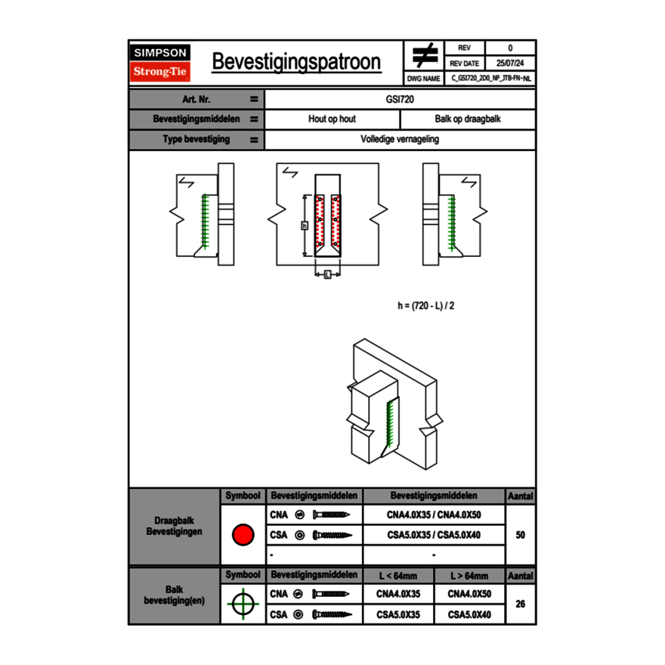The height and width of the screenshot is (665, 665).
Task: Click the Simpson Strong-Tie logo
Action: [x=160, y=63]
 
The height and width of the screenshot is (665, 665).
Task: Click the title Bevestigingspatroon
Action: [x=296, y=62]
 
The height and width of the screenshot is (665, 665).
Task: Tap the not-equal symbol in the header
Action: [x=424, y=55]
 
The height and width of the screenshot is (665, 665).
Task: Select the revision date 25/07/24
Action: [x=510, y=63]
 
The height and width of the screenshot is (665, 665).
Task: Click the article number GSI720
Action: [x=400, y=99]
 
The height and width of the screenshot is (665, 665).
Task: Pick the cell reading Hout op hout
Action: [x=332, y=119]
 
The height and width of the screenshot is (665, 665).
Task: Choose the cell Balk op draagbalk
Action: [x=468, y=119]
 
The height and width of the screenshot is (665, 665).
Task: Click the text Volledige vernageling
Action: [x=400, y=140]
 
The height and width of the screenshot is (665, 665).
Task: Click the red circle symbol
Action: [x=242, y=535]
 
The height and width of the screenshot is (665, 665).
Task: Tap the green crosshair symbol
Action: [x=242, y=604]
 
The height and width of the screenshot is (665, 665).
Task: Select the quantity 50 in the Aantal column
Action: [x=520, y=535]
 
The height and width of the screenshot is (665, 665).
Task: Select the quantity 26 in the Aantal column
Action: [x=520, y=604]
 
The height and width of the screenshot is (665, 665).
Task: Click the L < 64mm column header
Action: [x=398, y=576]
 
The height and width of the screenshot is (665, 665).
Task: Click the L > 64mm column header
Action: [x=469, y=576]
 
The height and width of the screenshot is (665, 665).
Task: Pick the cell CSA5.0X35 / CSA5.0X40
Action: [x=434, y=535]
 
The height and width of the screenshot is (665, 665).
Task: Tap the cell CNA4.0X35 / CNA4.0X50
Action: [x=434, y=515]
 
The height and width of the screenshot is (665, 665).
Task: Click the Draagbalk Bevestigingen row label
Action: [x=174, y=527]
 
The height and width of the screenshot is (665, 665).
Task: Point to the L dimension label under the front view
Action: [x=326, y=275]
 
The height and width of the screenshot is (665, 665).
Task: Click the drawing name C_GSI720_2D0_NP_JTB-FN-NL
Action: [x=491, y=78]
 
